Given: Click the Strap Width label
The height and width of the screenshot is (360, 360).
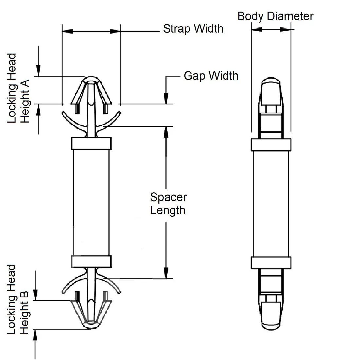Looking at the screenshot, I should click(193, 29).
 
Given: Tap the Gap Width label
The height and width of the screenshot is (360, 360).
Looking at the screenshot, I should click(211, 76).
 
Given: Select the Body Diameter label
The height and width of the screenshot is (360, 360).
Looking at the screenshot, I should click(275, 16).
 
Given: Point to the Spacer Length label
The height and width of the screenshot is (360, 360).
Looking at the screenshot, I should click(168, 204).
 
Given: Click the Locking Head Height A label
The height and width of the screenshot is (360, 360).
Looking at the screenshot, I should click(18, 88).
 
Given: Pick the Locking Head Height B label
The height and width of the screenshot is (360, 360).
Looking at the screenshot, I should click(18, 299).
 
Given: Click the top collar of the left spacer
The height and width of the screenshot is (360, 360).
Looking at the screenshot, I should click(91, 143).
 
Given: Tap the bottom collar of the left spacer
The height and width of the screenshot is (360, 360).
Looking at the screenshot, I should click(91, 261).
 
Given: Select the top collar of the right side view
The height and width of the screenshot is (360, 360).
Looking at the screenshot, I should click(271, 145).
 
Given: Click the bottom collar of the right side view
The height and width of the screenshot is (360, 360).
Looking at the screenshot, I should click(271, 262).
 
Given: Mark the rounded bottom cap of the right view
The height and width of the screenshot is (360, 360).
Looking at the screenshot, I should click(271, 321).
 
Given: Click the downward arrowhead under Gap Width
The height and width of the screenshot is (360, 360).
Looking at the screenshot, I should click(166, 99).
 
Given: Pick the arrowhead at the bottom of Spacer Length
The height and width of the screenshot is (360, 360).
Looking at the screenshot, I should click(166, 273).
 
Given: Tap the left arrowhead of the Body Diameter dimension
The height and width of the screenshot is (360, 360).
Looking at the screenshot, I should click(257, 29).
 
